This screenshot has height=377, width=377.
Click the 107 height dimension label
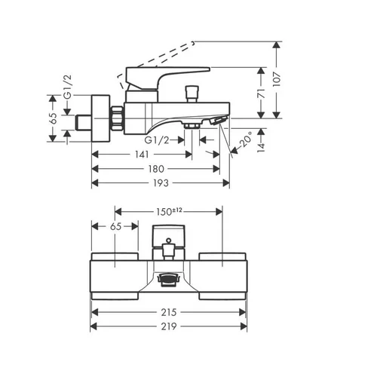(x=277, y=79)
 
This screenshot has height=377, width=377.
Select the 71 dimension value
(x=262, y=93)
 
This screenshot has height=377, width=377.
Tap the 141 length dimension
(x=142, y=155)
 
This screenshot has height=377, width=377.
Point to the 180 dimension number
(x=156, y=169)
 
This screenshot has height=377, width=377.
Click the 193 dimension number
(x=161, y=183)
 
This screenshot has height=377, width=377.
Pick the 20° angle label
(x=246, y=139)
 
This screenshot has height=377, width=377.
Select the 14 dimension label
(x=262, y=146)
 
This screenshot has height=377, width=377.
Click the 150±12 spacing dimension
(x=169, y=211)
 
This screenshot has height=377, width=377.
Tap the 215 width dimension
(x=169, y=312)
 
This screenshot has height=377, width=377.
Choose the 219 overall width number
(x=169, y=326)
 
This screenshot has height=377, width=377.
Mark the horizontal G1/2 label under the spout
(x=157, y=140)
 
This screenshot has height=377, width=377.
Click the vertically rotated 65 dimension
(x=53, y=118)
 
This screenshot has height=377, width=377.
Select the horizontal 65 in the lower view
(x=115, y=226)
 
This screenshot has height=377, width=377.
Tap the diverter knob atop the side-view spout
(x=192, y=94)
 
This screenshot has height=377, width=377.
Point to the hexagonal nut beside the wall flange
(x=117, y=118)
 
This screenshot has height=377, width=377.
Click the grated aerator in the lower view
(x=169, y=280)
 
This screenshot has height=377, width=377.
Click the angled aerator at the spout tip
(x=218, y=120)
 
